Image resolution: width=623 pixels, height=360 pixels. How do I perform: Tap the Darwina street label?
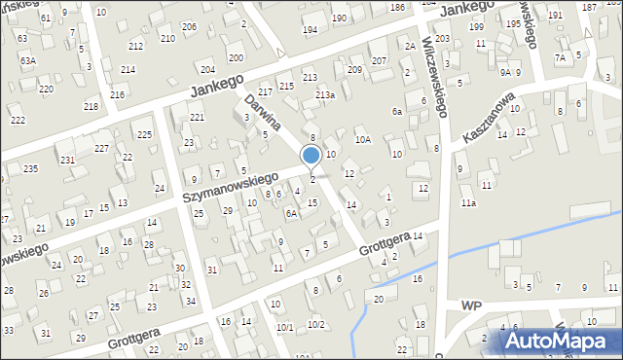(263, 112)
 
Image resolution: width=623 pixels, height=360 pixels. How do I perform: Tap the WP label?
(472, 305)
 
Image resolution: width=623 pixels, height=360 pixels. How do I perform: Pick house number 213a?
(325, 94)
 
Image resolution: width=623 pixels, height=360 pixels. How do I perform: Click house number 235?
(30, 169)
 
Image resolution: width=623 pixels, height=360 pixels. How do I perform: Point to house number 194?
(310, 30)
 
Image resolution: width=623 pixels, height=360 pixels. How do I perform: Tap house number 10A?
(362, 140)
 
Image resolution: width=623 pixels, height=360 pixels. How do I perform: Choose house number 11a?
(469, 203)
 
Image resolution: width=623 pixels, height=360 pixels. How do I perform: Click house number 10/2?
(315, 325)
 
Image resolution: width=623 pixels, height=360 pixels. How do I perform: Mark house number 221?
(197, 118)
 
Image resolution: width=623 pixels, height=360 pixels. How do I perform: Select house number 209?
(354, 70)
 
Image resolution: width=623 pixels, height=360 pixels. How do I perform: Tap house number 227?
(101, 148)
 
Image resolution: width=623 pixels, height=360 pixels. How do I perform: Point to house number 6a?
(397, 112)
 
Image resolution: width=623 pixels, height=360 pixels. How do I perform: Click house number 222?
(18, 120)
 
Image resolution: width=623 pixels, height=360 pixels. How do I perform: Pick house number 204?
(207, 70)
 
